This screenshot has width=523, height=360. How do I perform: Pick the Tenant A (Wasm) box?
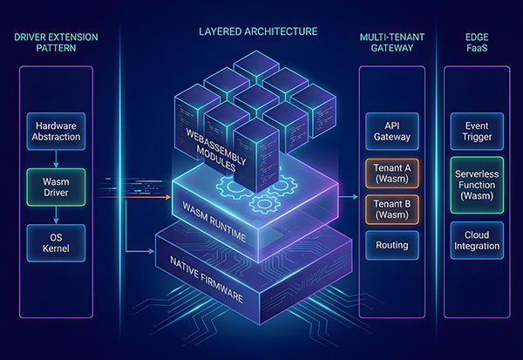point(391,173)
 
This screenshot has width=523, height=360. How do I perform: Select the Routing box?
point(391,245)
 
